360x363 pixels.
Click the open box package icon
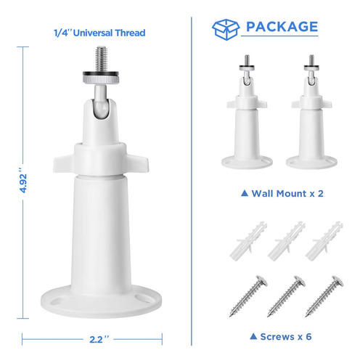226,29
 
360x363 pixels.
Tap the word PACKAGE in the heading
282,27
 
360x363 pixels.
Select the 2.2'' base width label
99,339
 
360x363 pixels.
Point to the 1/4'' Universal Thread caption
99,33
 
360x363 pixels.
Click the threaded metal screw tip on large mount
101,58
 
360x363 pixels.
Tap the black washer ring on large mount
101,74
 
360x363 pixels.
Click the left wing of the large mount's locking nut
63,163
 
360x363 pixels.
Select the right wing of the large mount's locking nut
137,163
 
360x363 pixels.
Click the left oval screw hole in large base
56,301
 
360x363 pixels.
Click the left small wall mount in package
247,112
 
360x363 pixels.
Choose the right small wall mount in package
311,112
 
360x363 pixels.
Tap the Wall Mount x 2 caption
282,194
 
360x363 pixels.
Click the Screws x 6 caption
281,337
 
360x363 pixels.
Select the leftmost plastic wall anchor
248,241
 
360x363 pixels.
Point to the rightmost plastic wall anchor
324,241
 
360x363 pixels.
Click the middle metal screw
286,296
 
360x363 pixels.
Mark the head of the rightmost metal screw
337,281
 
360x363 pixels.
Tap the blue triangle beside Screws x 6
253,336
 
